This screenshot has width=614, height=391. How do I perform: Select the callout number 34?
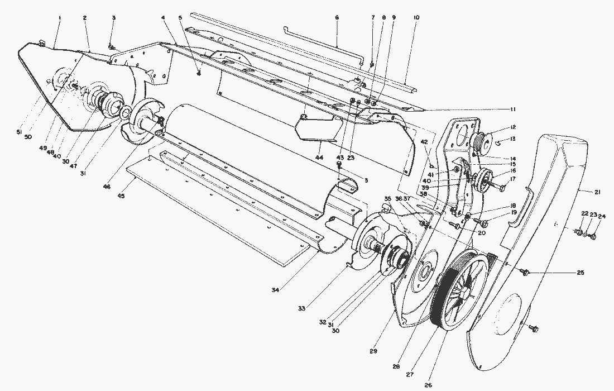pyautogui.click(x=275, y=289)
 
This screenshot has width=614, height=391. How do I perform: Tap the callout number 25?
pyautogui.click(x=581, y=273)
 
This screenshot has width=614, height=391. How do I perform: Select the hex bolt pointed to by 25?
pyautogui.click(x=525, y=272)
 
